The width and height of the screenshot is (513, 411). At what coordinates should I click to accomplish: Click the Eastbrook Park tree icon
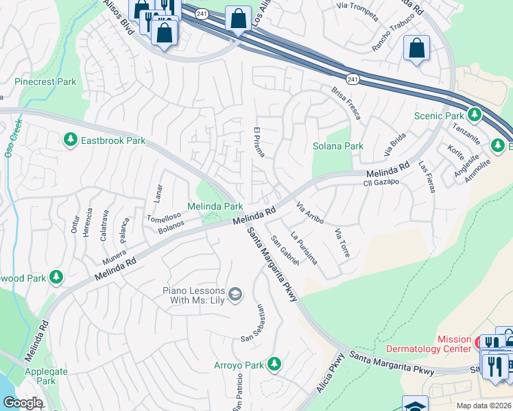pyautogui.click(x=70, y=140)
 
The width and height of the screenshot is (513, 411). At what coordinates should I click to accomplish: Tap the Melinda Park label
pyautogui.click(x=215, y=206)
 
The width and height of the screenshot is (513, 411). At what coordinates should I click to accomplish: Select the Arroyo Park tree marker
pyautogui.click(x=274, y=364)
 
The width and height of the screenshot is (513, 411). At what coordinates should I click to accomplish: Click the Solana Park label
pyautogui.click(x=337, y=146)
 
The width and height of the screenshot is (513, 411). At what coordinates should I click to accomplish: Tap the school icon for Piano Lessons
pyautogui.click(x=235, y=295)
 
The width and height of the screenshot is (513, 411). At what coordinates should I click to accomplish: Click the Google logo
pyautogui.click(x=23, y=402)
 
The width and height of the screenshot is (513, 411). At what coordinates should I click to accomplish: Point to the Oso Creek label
pyautogui.click(x=12, y=140)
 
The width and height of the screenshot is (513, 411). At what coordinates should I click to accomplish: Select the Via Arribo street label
pyautogui.click(x=309, y=212)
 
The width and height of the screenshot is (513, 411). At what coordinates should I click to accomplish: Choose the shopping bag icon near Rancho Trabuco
pyautogui.click(x=416, y=48)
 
